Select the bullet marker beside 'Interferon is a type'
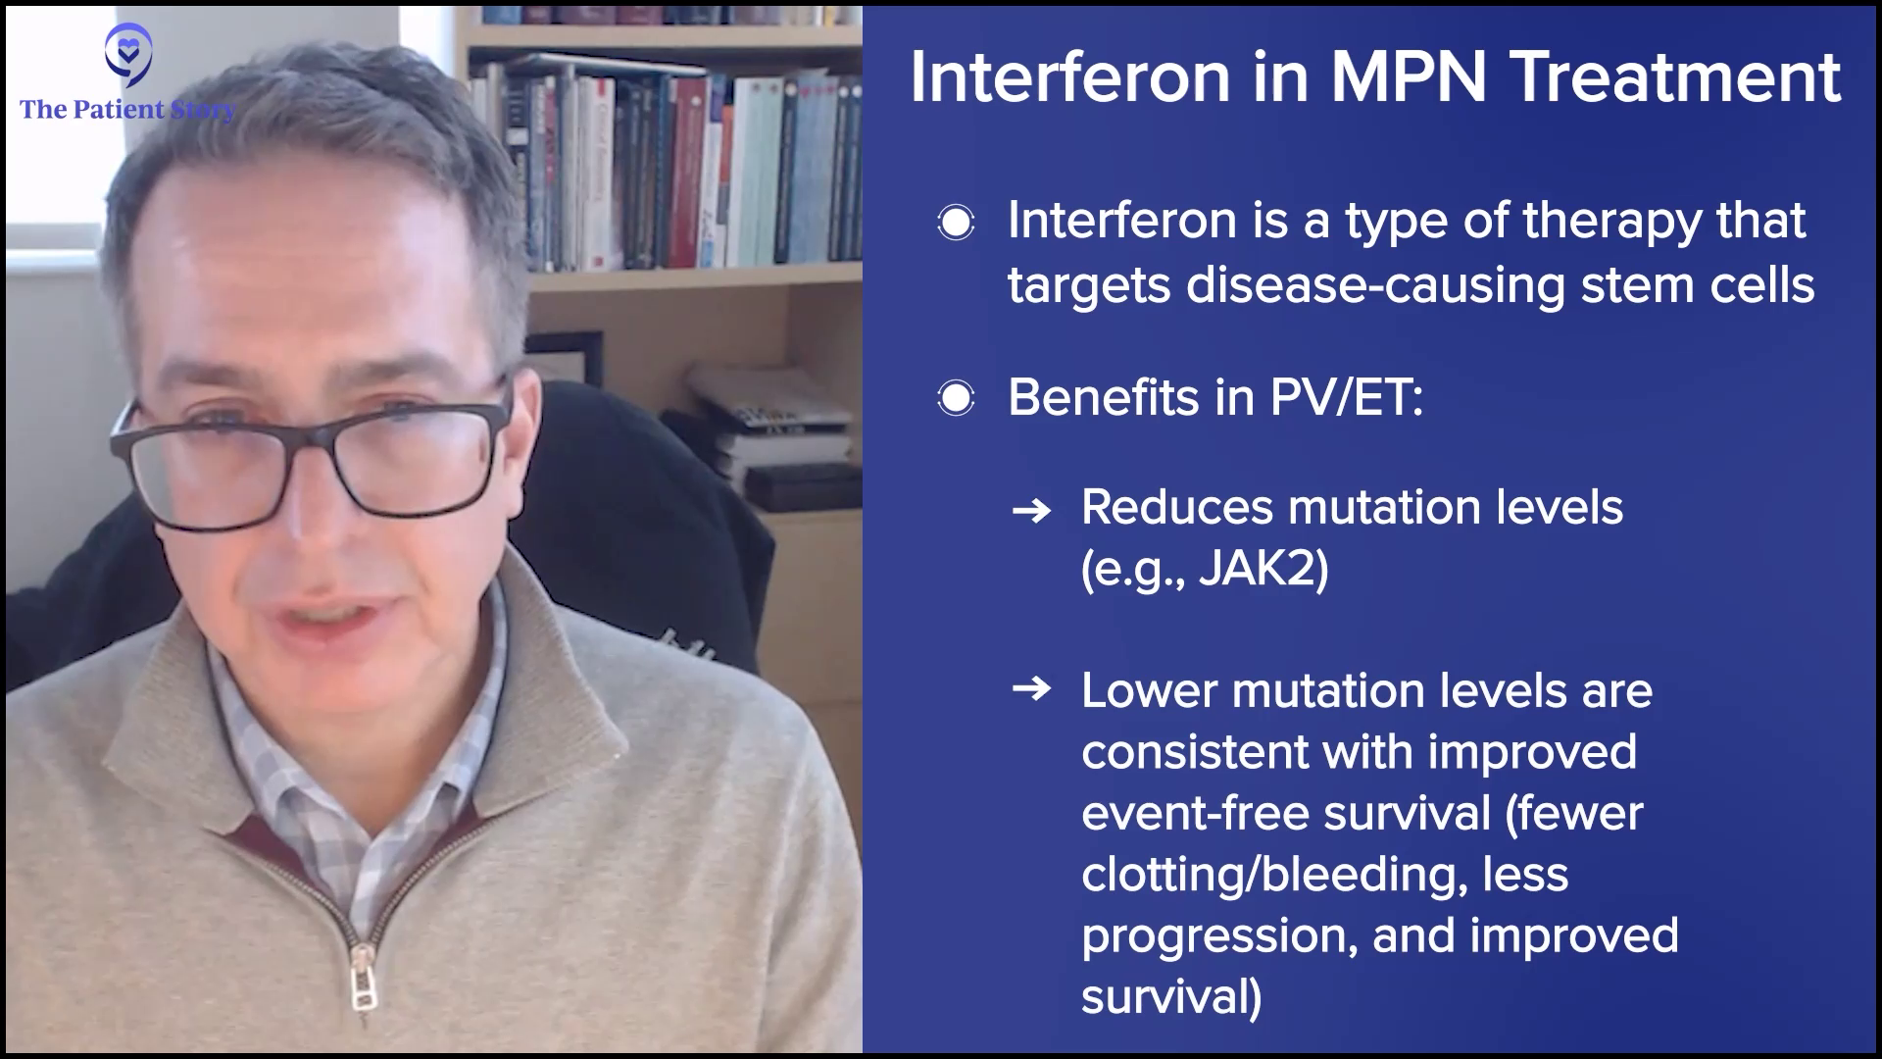click(956, 224)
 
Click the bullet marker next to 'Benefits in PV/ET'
click(956, 399)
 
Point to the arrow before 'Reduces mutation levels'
click(1031, 511)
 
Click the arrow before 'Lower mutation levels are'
click(1031, 689)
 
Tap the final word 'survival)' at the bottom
click(1171, 997)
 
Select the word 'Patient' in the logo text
click(119, 109)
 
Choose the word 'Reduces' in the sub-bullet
click(1176, 507)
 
